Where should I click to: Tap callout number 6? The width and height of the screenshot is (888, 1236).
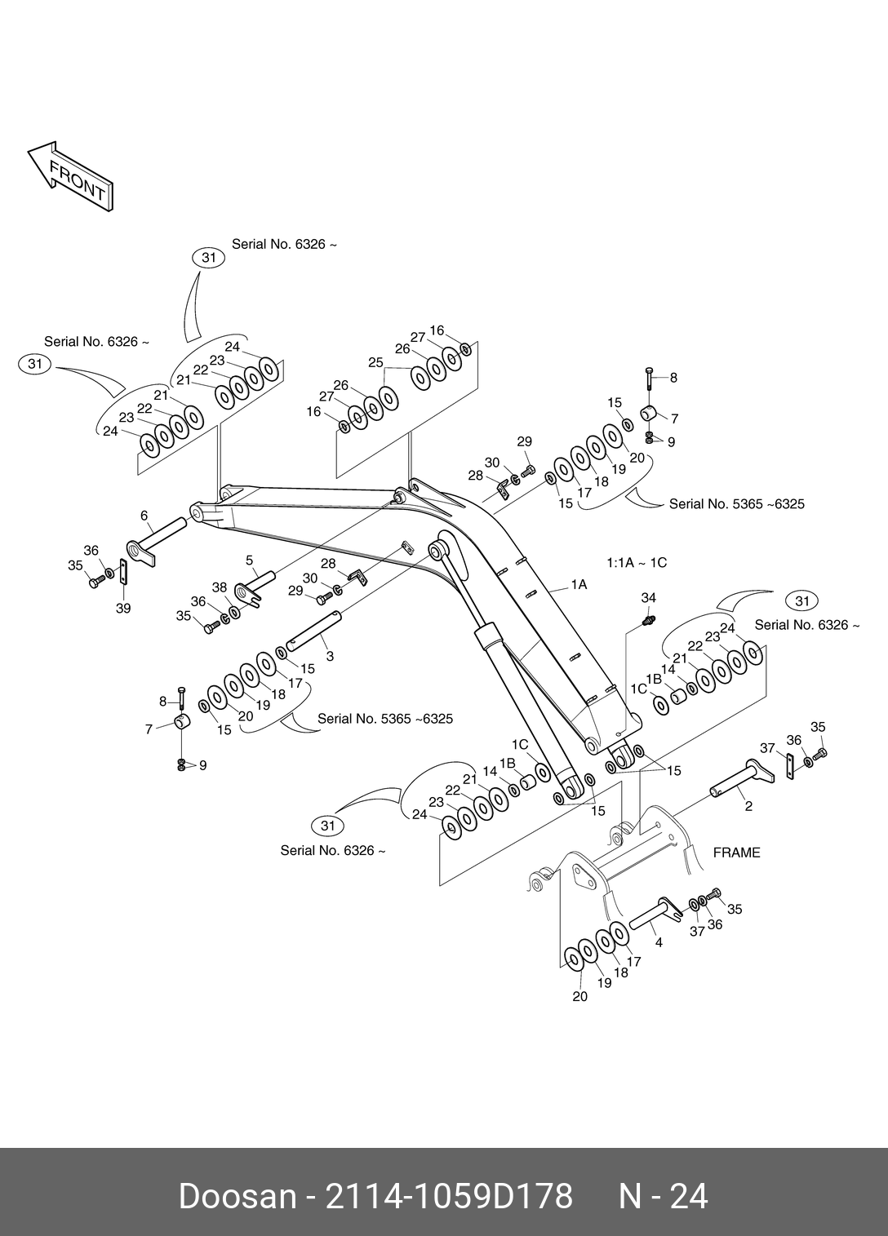point(144,516)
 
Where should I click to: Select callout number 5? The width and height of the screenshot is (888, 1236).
point(250,560)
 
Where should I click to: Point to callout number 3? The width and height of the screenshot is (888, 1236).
point(329,656)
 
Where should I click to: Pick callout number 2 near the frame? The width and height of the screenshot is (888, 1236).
point(748,807)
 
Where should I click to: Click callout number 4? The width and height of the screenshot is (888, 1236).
point(659,942)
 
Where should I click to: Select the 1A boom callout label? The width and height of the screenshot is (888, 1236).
point(579,585)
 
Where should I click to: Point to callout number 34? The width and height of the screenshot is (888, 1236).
point(648,598)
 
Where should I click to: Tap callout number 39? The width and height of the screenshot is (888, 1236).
point(122,608)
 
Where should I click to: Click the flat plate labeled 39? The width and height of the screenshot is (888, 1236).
point(123,571)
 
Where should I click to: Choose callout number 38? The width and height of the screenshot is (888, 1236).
point(219,587)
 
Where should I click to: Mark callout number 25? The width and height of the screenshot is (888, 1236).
point(375,363)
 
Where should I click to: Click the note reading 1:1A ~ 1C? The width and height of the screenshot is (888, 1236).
point(637,563)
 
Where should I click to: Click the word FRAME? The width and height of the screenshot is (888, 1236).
point(736,853)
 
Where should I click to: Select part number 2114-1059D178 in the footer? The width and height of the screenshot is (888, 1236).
point(449,1197)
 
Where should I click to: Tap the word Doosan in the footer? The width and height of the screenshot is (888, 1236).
point(238,1197)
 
